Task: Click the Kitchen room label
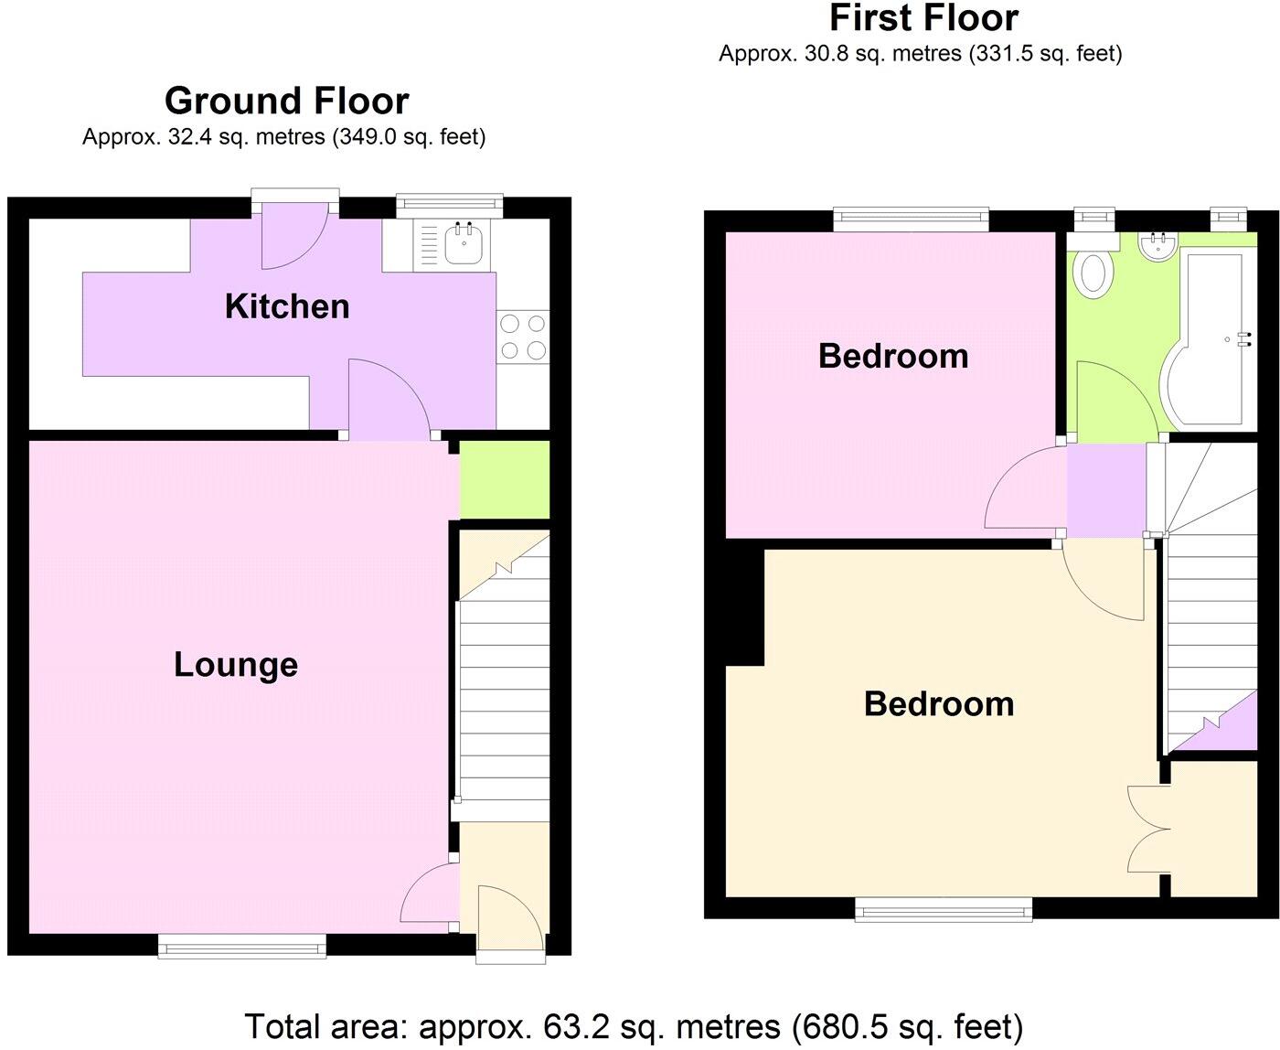287,306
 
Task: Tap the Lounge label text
236,665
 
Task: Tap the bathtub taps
1243,339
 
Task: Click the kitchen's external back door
294,235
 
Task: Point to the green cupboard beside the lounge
504,479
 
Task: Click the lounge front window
242,946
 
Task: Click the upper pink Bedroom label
893,356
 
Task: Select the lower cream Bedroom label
939,704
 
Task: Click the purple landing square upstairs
1106,489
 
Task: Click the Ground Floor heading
286,101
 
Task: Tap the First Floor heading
923,18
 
